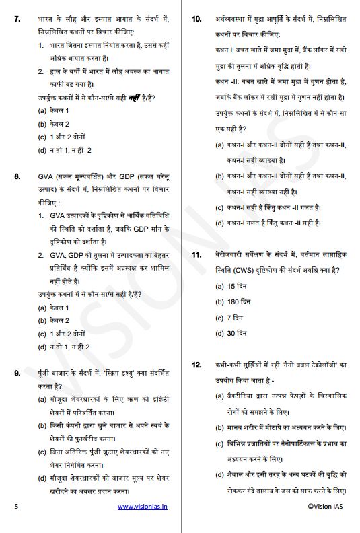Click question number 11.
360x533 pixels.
[x=197, y=256]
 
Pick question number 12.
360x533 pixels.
[x=197, y=365]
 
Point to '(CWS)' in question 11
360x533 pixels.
[x=249, y=271]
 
